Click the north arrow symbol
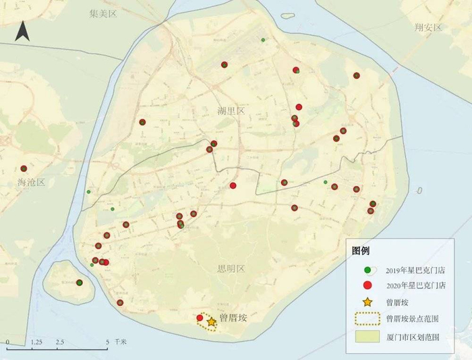coord(22,30)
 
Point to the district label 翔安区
coord(428,28)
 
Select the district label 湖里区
coord(231,111)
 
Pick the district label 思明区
coord(231,268)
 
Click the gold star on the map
coord(212,322)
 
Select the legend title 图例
coord(361,251)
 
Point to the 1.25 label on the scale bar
coord(36,342)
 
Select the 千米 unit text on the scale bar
coord(120,342)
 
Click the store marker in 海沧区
coord(24,169)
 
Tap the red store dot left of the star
coord(200,318)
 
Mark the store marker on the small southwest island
coord(79,282)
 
